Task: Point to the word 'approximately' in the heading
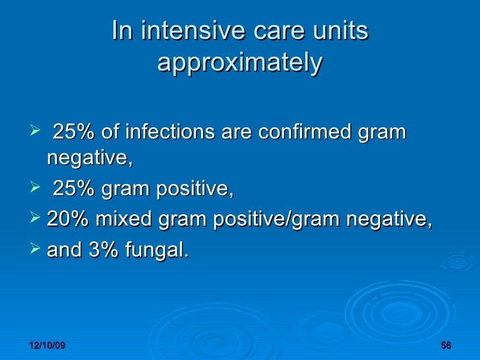[240, 63]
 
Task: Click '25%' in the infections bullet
[74, 132]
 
